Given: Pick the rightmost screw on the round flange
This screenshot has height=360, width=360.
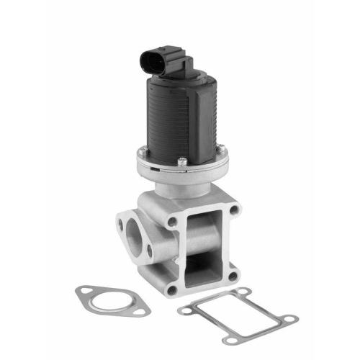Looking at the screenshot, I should [x=222, y=149].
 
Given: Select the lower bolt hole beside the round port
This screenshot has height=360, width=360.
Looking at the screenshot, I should [x=150, y=251].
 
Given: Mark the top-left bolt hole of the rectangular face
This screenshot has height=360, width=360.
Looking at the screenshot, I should [x=172, y=222].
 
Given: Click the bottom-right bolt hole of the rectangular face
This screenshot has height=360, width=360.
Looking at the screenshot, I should [x=232, y=274].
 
